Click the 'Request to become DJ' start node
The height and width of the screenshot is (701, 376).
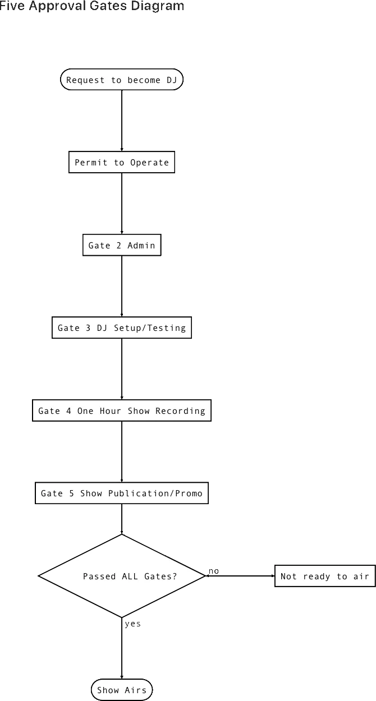[x=121, y=80]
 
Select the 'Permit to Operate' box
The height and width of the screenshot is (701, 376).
[x=122, y=162]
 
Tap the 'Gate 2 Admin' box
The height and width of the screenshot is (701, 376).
[x=122, y=245]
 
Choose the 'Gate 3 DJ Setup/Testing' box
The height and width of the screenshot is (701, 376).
[x=122, y=328]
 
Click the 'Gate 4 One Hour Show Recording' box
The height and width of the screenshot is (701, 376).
[x=122, y=411]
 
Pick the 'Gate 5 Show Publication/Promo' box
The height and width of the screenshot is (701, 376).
[x=122, y=493]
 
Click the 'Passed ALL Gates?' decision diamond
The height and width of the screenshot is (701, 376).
[x=122, y=576]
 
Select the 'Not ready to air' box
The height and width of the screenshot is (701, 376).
[x=325, y=576]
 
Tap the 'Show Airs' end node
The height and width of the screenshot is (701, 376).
[x=122, y=690]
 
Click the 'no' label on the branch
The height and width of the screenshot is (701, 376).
[x=214, y=571]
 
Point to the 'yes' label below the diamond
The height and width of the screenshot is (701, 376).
[x=133, y=624]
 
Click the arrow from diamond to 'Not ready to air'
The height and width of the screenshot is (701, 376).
[x=240, y=576]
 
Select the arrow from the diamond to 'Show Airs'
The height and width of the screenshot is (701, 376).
[x=122, y=648]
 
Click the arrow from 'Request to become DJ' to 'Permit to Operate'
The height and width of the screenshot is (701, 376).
[x=122, y=121]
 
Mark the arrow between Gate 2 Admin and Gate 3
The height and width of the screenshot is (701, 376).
[x=122, y=287]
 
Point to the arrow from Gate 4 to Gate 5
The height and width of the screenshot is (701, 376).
[x=122, y=451]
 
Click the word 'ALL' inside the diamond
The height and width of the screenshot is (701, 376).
[x=130, y=576]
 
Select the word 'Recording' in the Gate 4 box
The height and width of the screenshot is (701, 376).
[x=180, y=411]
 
